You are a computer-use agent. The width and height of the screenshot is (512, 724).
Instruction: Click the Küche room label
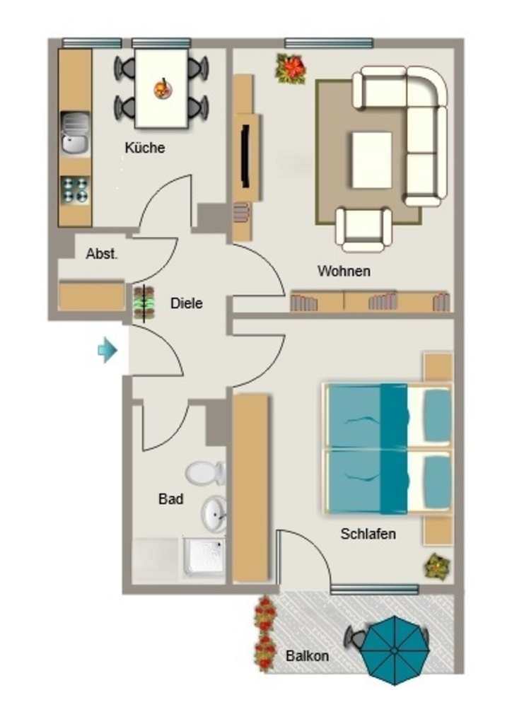coord(144,148)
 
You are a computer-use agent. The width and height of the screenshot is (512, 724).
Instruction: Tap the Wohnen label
coord(344,271)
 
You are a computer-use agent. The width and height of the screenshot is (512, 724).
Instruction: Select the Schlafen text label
coord(368,534)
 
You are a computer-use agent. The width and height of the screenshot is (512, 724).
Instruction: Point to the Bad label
coord(171,498)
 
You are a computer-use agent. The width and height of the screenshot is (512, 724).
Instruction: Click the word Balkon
coord(307,655)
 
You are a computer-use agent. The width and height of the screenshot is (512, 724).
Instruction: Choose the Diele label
coord(187,303)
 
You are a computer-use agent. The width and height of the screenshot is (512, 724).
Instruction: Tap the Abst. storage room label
coord(102,254)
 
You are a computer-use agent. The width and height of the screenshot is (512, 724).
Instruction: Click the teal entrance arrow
coord(107,350)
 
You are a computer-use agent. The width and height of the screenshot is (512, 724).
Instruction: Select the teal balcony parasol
coord(395,650)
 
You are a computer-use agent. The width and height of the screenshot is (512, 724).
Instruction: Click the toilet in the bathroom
coord(206,473)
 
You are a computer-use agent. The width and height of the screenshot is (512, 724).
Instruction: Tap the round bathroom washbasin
coord(214,514)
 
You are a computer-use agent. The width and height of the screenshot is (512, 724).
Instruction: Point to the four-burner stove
coord(75,189)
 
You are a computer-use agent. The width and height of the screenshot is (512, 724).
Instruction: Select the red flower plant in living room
coord(291,69)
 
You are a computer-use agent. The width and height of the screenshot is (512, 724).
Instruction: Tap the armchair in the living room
coord(363,229)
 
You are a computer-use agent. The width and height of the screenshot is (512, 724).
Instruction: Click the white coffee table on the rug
coord(372,160)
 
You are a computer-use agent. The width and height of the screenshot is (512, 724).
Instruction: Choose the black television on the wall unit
coord(245,156)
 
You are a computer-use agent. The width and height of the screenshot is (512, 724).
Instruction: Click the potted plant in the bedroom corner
coord(437,566)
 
